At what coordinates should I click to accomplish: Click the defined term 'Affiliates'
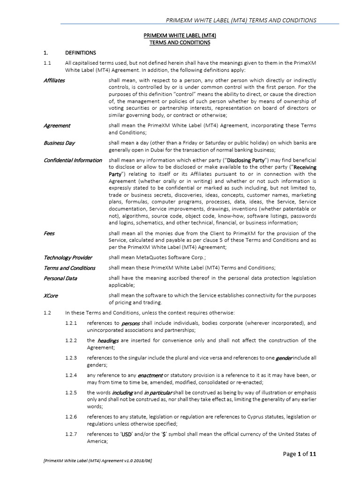[x=54, y=80]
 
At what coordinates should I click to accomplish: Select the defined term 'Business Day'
[x=59, y=143]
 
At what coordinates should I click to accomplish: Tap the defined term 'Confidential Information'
[x=73, y=160]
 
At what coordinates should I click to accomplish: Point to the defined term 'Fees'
[x=49, y=233]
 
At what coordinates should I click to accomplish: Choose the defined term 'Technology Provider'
[x=68, y=257]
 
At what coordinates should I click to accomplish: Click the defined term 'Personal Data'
[x=60, y=278]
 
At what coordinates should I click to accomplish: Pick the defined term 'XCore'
[x=51, y=296]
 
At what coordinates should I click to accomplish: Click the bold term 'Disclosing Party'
[x=246, y=160]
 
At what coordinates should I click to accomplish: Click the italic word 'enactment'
[x=150, y=375]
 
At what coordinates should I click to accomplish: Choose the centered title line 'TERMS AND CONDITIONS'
[x=180, y=43]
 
